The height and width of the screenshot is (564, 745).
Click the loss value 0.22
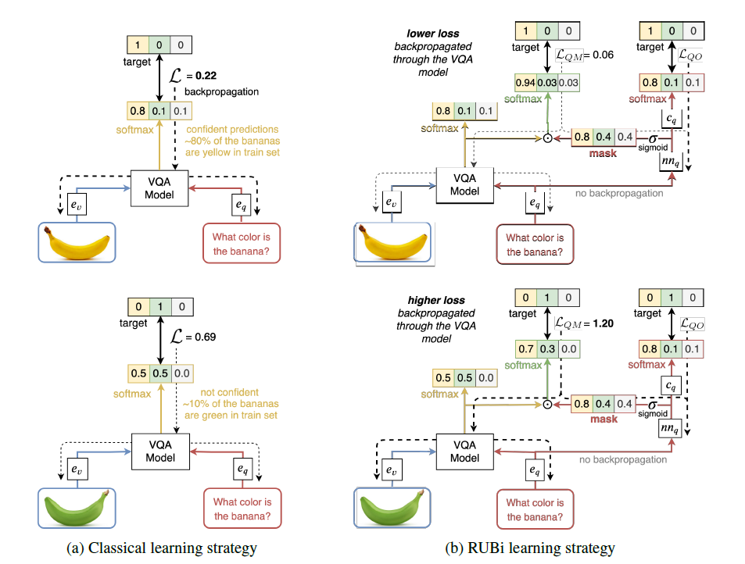click(x=206, y=76)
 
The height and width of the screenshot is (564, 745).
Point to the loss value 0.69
click(x=206, y=337)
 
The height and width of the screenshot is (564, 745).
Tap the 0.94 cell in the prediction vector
click(x=525, y=83)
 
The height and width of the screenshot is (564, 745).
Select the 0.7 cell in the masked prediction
click(x=526, y=349)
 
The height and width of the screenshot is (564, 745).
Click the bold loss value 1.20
click(x=603, y=323)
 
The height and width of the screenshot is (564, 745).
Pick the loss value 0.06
click(x=603, y=55)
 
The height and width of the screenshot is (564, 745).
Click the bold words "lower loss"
click(x=433, y=34)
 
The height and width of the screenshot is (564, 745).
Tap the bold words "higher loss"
click(x=436, y=300)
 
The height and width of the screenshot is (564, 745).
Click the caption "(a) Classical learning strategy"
click(x=162, y=548)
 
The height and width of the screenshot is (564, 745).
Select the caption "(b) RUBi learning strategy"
click(x=530, y=548)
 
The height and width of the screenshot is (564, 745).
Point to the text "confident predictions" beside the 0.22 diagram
click(x=232, y=129)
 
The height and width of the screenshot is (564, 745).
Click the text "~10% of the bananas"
click(x=231, y=404)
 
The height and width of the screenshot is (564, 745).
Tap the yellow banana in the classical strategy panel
click(x=77, y=243)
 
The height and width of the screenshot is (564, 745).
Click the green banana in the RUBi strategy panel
click(x=392, y=508)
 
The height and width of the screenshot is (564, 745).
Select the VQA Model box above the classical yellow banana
click(x=159, y=188)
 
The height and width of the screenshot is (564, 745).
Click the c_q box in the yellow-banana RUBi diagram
click(x=672, y=118)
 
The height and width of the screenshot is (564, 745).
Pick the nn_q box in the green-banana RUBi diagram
click(x=671, y=428)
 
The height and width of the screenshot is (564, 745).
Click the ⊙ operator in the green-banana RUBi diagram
click(x=547, y=405)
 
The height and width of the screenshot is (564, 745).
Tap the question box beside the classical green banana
click(x=242, y=509)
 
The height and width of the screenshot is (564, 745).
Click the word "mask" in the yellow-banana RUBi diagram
click(x=603, y=153)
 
